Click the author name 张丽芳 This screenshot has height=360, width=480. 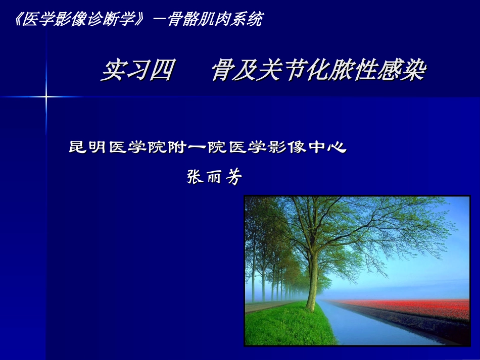[x=215, y=177]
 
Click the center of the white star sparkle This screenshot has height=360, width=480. [x=46, y=96]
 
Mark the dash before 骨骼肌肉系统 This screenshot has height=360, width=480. [x=158, y=20]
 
